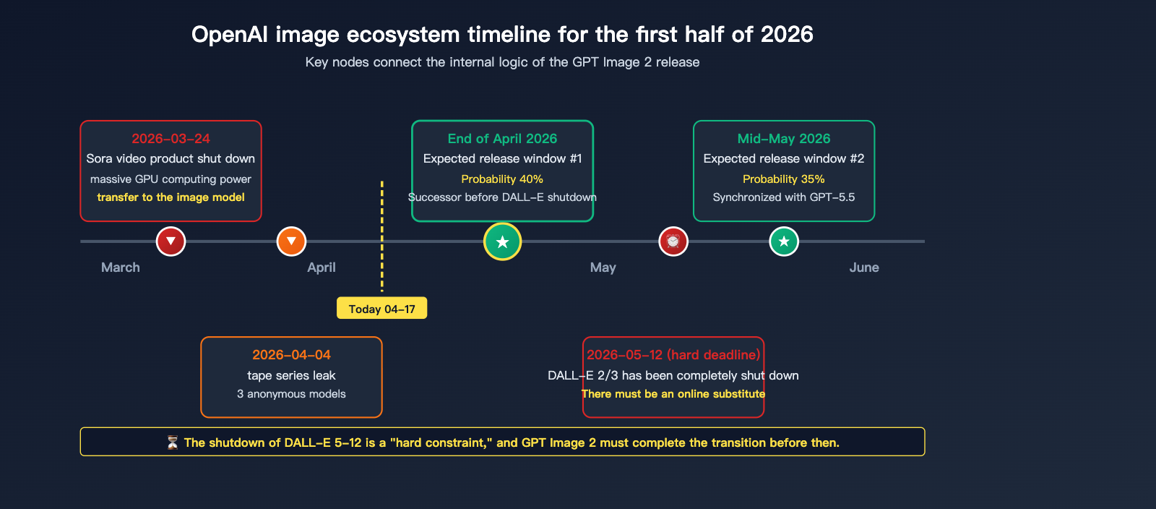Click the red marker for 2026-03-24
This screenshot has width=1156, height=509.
(x=171, y=241)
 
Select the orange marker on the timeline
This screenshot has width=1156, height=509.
(x=292, y=241)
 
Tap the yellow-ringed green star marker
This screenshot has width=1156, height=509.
(x=502, y=241)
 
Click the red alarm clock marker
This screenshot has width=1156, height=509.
(x=673, y=241)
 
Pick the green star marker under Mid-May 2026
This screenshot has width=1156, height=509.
(x=784, y=241)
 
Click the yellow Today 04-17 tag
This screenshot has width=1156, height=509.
(x=382, y=308)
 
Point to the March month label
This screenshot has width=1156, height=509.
(x=120, y=268)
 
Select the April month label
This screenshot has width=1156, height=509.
(x=322, y=268)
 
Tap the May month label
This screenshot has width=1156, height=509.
(x=603, y=268)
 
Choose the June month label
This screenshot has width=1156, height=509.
(x=864, y=268)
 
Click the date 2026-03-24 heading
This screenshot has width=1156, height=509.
(x=171, y=138)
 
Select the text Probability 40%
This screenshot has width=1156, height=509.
(x=502, y=179)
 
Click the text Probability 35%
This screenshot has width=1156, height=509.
(x=783, y=179)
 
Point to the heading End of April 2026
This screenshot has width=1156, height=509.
(x=502, y=138)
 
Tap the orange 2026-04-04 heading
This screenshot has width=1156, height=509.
(x=292, y=355)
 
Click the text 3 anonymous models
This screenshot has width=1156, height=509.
(x=291, y=394)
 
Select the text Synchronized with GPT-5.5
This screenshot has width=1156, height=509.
(x=783, y=197)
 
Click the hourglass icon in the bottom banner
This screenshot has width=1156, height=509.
(x=173, y=442)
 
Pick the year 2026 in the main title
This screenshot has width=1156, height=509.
(x=787, y=35)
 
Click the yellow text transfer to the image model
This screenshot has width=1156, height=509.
(x=171, y=197)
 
